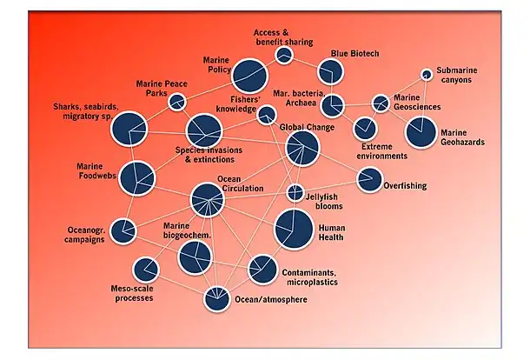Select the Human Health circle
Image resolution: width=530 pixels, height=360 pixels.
point(293,230)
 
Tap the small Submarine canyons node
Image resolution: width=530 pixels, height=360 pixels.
point(427,75)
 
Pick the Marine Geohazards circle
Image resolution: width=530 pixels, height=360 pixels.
point(422,132)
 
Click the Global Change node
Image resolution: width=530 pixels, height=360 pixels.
point(302,149)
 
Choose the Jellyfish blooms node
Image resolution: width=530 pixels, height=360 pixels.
point(295,193)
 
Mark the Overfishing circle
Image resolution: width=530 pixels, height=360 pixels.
point(369,180)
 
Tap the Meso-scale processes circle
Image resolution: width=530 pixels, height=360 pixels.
point(145,270)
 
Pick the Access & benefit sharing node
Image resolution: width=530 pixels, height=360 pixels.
point(283,56)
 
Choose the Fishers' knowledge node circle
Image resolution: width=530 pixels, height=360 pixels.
point(267,115)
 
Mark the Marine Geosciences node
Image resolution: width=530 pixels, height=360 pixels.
point(381,103)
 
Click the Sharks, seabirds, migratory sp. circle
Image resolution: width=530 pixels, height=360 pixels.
point(130,129)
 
